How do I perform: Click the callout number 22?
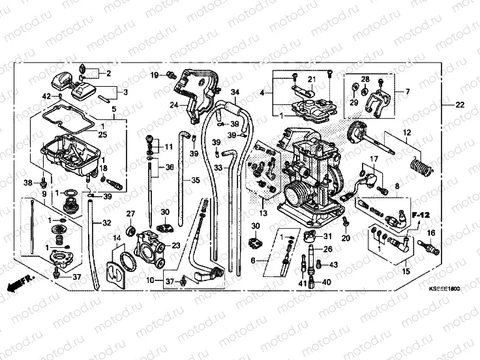(460, 104)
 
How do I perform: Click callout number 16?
(430, 233)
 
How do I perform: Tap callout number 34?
(235, 92)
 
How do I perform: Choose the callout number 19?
(155, 76)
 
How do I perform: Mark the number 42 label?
(46, 97)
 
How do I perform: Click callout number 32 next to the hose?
(106, 224)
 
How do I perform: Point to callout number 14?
(117, 239)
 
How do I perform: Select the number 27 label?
(130, 213)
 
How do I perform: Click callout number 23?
(176, 245)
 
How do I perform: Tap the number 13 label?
(263, 213)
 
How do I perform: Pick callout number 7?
(408, 92)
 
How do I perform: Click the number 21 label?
(312, 80)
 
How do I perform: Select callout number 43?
(334, 265)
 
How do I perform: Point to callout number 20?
(346, 239)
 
